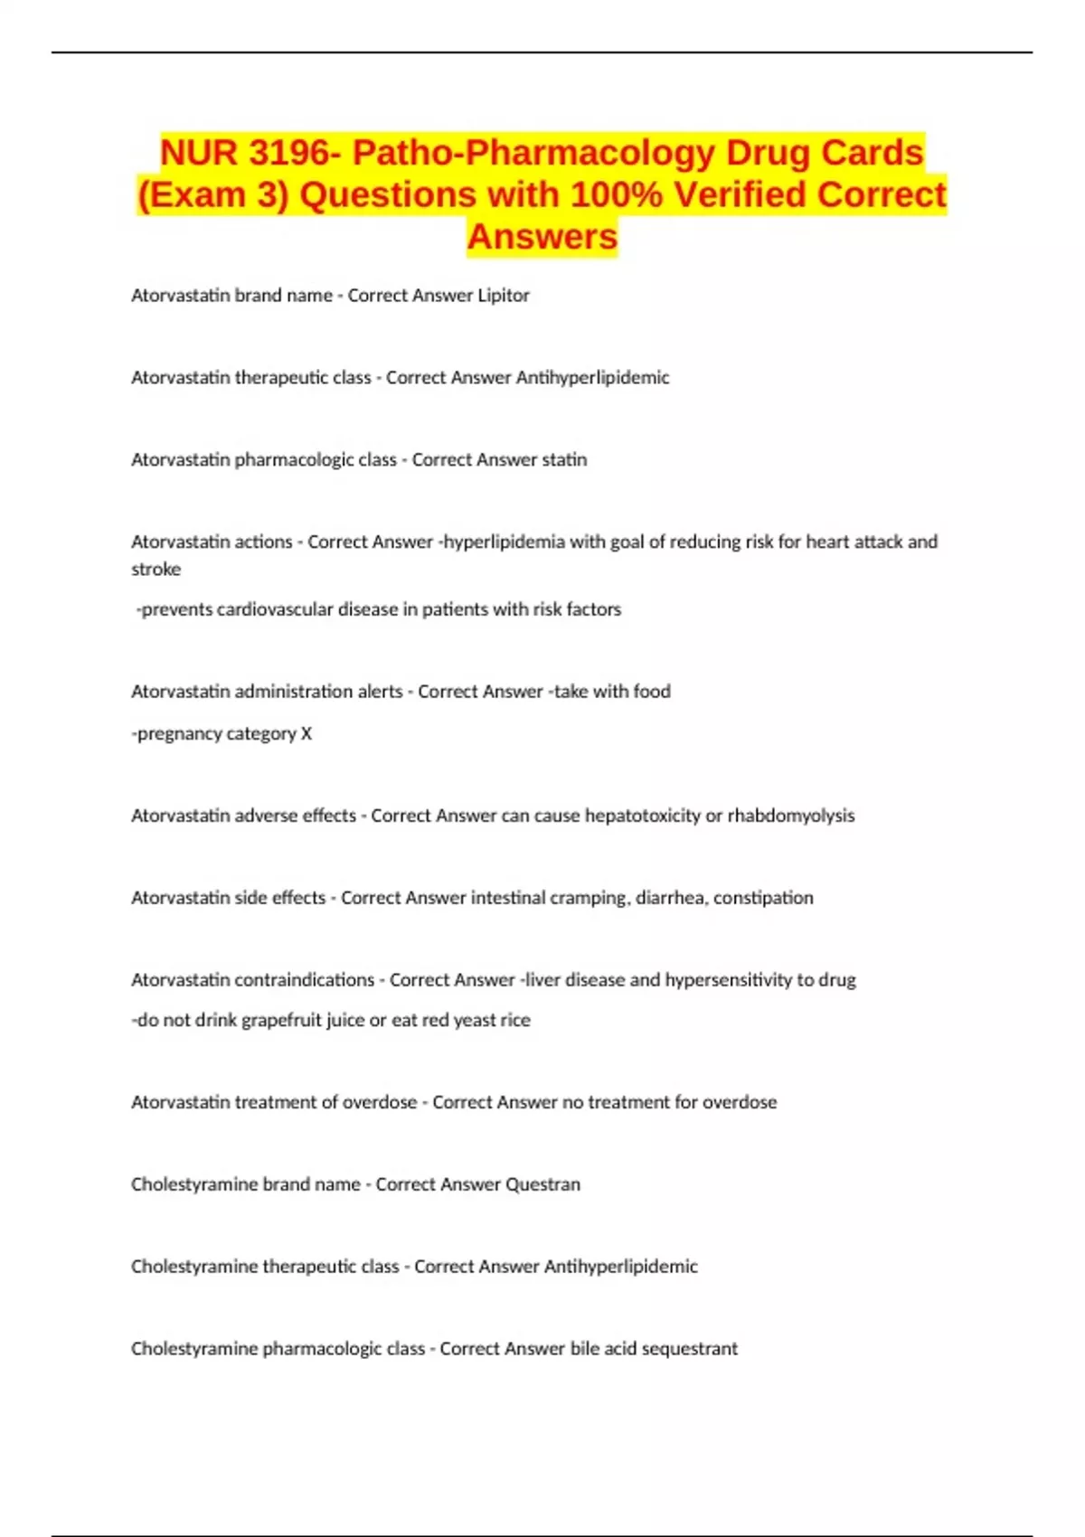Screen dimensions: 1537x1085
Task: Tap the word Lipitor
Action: click(504, 295)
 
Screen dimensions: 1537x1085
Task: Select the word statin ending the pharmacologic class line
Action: click(564, 459)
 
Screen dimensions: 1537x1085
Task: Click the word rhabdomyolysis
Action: click(791, 816)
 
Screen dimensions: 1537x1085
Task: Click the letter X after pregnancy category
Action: click(307, 733)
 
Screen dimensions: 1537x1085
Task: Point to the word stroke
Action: click(156, 570)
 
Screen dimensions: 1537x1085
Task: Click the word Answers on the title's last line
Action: click(542, 237)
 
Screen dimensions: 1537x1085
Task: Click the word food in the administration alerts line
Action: click(652, 692)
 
